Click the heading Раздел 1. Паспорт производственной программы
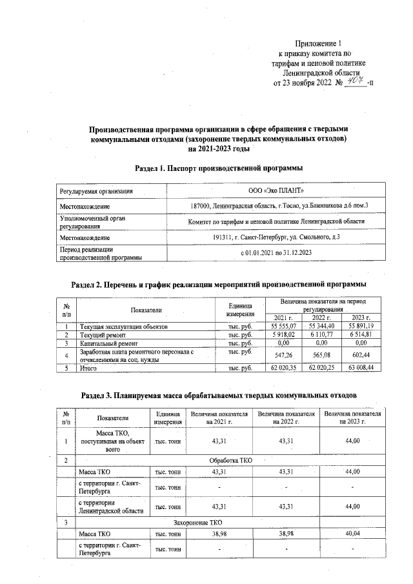coord(219,168)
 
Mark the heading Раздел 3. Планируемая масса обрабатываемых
coord(219,394)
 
